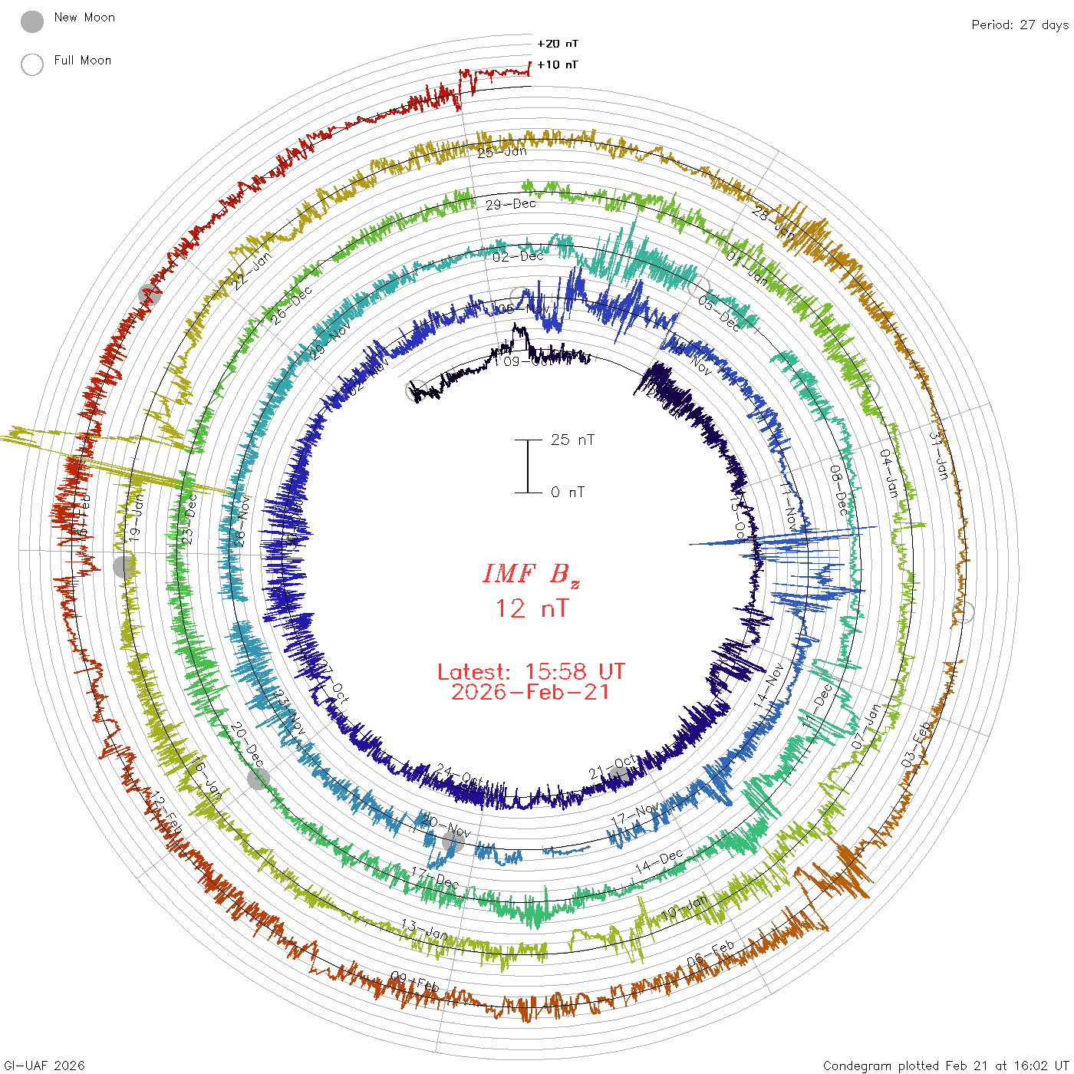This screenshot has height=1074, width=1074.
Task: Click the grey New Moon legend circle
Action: point(32,21)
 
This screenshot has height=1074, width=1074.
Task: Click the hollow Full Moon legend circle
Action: point(32,64)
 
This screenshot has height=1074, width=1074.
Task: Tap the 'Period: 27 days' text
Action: point(1020,25)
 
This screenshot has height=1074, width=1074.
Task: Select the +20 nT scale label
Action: point(558,44)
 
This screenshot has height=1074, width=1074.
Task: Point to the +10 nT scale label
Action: point(558,64)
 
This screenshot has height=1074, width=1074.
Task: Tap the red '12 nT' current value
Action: point(531,608)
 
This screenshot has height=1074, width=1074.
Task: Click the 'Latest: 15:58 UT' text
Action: point(531,672)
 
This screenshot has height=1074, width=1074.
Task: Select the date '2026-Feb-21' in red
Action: point(531,692)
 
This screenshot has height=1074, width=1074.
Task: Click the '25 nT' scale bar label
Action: point(572,440)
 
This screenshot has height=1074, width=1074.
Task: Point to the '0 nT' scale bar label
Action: point(568,493)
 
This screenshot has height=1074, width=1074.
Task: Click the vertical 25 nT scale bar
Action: point(528,466)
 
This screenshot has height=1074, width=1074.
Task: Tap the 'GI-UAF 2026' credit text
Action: point(44,1066)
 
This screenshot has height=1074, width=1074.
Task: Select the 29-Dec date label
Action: point(511,204)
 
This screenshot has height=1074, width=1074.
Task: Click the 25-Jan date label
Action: point(502,152)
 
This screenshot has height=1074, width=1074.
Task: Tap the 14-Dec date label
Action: point(659,862)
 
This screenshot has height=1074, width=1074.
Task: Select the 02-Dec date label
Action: point(518,256)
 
